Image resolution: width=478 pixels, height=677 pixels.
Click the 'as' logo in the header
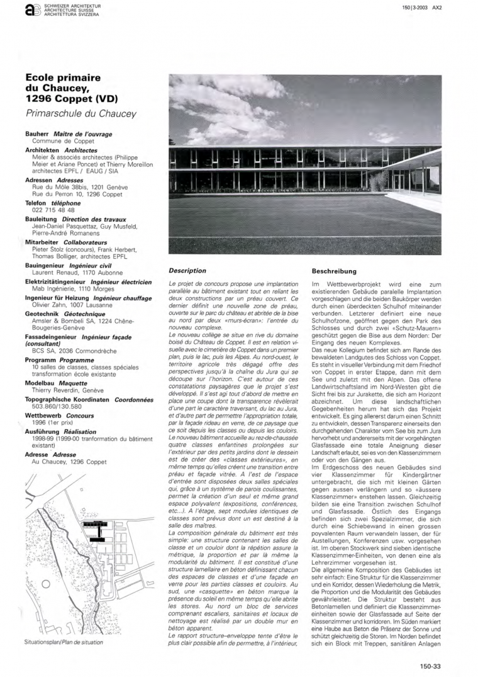pos(30,10)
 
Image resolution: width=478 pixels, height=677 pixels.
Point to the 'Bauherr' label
pos(36,134)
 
